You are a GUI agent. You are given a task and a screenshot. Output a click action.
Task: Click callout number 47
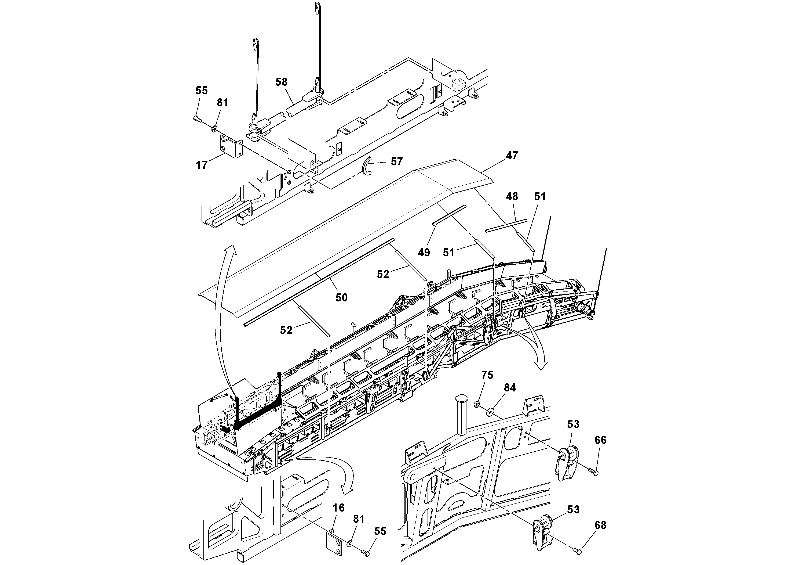point(512,155)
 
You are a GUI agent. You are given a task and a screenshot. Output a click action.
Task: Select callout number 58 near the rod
point(281,82)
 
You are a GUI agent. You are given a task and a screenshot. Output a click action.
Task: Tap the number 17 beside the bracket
point(202,165)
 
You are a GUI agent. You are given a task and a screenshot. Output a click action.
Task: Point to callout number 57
point(397,161)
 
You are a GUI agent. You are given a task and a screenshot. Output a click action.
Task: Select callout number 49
point(424,253)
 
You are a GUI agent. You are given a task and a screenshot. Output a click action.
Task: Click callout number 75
point(487,375)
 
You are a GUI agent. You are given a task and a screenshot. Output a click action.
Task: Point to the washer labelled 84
point(491,412)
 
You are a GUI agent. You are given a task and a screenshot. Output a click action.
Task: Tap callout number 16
point(339,508)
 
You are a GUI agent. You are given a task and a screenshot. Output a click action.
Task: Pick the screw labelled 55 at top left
point(196,119)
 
